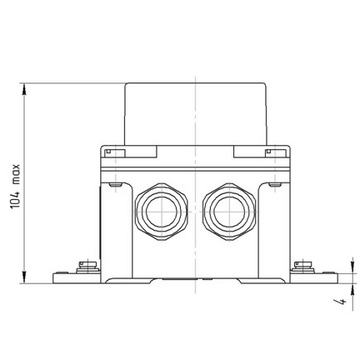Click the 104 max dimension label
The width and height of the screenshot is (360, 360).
click(x=16, y=187)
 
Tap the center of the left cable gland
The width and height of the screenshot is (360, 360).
click(x=162, y=212)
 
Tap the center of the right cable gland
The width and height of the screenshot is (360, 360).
click(x=229, y=212)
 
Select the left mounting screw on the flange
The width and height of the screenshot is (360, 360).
click(x=87, y=267)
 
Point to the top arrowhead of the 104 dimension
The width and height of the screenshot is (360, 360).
click(x=24, y=89)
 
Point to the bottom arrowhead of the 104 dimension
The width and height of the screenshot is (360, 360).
click(x=24, y=277)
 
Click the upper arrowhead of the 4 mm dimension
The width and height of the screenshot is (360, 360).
click(x=353, y=267)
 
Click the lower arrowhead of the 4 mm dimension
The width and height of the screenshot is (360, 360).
click(x=353, y=289)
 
